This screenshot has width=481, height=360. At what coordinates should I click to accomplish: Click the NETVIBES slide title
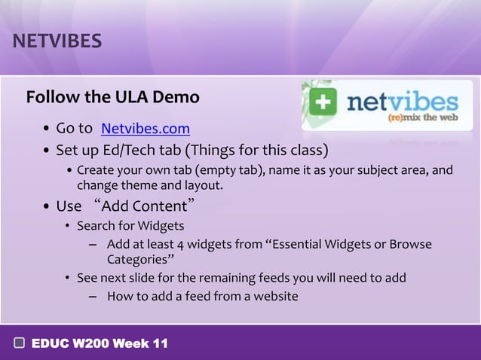click(x=57, y=41)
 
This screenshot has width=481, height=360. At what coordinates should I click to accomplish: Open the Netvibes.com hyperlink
click(x=145, y=129)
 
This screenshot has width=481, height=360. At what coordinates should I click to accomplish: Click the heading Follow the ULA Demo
click(x=112, y=98)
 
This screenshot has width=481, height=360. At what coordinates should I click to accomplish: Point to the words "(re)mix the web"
click(x=423, y=117)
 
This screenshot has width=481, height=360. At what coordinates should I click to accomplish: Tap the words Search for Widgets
click(x=130, y=225)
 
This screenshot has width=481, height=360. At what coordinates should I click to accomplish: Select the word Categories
click(x=136, y=260)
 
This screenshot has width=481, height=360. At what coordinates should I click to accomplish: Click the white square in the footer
click(x=20, y=343)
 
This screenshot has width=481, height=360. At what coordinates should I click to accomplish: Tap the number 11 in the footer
click(x=160, y=343)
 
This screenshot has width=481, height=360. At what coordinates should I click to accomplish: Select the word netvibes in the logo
click(x=402, y=102)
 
